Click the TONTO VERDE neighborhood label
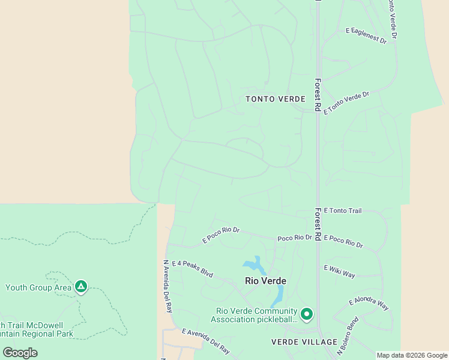pyautogui.click(x=276, y=99)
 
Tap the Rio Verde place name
pyautogui.click(x=265, y=281)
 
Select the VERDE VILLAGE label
pyautogui.click(x=304, y=342)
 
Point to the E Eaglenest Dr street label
pyautogui.click(x=366, y=36)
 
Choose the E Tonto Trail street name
pyautogui.click(x=343, y=211)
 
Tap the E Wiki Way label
pyautogui.click(x=340, y=272)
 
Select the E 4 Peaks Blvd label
pyautogui.click(x=192, y=268)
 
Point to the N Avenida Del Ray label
pyautogui.click(x=167, y=286)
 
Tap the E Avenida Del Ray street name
pyautogui.click(x=205, y=340)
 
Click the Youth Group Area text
pyautogui.click(x=38, y=287)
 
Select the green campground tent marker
pyautogui.click(x=81, y=287)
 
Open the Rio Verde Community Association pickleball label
pyautogui.click(x=257, y=315)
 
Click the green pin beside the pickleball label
pyautogui.click(x=307, y=314)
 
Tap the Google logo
pyautogui.click(x=20, y=353)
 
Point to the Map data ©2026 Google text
pyautogui.click(x=412, y=355)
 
